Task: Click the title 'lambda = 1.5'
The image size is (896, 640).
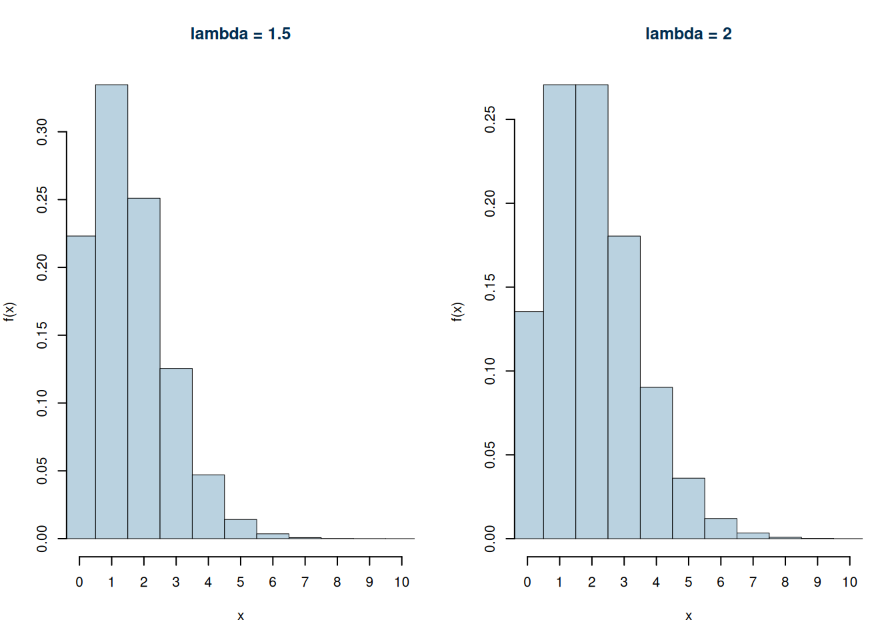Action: coord(241,34)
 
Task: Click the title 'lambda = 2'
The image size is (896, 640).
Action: coord(688,34)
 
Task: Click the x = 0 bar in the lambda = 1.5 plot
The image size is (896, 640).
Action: coord(81,387)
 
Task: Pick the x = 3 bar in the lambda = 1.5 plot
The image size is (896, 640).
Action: coord(176,453)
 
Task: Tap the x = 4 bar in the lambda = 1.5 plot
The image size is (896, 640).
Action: coord(208,507)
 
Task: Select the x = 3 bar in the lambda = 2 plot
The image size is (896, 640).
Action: coord(624,387)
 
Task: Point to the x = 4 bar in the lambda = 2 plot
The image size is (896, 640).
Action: coord(656,463)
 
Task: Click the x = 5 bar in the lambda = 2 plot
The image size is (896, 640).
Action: coord(688,508)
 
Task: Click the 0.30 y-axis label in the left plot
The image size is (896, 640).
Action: coord(42,132)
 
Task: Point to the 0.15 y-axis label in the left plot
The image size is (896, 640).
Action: coord(42,335)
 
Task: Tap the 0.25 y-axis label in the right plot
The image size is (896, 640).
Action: coord(490,119)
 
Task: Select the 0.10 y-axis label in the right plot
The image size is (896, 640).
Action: coord(490,371)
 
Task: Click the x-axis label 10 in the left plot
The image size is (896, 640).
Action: coord(401,583)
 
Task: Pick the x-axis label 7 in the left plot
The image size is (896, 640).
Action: coord(305,583)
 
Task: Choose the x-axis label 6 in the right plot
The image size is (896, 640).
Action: coord(721,583)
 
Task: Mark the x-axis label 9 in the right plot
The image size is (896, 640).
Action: coord(817,583)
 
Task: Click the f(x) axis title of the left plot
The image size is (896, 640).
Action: coord(9,311)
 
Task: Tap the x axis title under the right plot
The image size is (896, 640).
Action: coord(688,616)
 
